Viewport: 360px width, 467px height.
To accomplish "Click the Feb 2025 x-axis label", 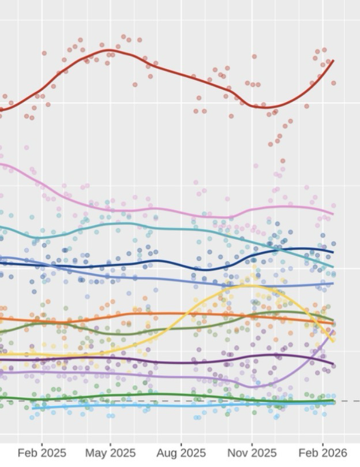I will pyautogui.click(x=42, y=453).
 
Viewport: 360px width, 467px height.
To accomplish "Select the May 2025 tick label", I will pyautogui.click(x=110, y=453).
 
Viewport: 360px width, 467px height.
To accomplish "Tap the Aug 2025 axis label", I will pyautogui.click(x=181, y=453).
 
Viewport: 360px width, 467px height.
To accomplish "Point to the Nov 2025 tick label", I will pyautogui.click(x=252, y=453).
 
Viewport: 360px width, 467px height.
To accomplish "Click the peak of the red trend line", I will pyautogui.click(x=109, y=50).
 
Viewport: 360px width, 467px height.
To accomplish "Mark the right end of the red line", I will pyautogui.click(x=333, y=61).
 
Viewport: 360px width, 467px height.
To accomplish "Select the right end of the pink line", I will pyautogui.click(x=333, y=214).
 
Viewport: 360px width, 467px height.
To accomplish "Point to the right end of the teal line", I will pyautogui.click(x=333, y=267).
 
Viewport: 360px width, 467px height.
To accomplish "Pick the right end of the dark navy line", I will pyautogui.click(x=333, y=252).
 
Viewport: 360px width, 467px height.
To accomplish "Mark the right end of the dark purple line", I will pyautogui.click(x=333, y=364).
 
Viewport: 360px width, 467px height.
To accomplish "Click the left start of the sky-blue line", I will pyautogui.click(x=36, y=408).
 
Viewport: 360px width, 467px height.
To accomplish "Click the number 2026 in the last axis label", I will pyautogui.click(x=333, y=453).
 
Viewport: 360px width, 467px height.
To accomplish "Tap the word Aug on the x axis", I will pyautogui.click(x=168, y=453).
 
